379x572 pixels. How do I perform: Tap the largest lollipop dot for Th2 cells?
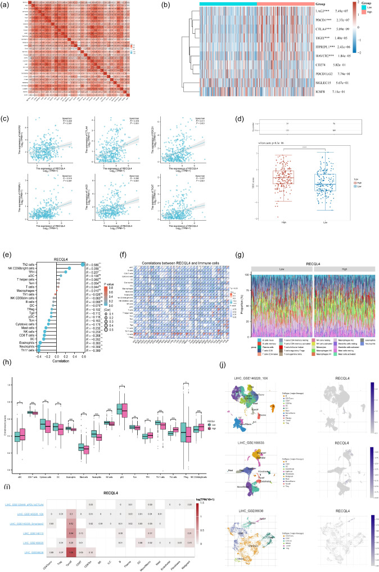83,264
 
